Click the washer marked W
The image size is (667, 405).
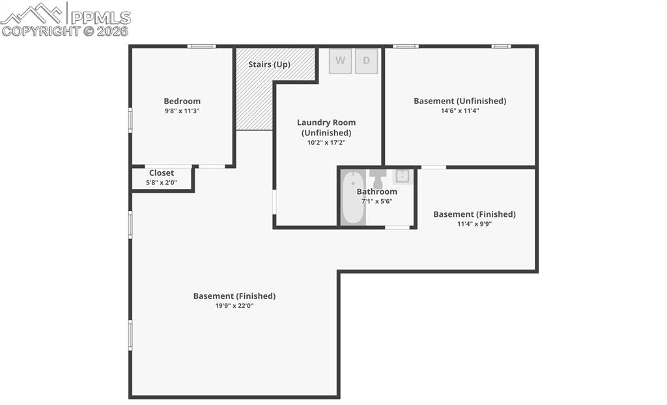pyautogui.click(x=340, y=61)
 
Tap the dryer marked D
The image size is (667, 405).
pyautogui.click(x=366, y=61)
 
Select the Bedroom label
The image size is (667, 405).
pyautogui.click(x=182, y=101)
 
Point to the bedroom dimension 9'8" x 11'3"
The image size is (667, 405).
pyautogui.click(x=182, y=111)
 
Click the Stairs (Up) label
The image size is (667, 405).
pyautogui.click(x=269, y=64)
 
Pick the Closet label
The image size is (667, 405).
pyautogui.click(x=162, y=173)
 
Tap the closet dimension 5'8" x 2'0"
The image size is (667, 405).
pyautogui.click(x=162, y=182)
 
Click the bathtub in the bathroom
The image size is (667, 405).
pyautogui.click(x=353, y=197)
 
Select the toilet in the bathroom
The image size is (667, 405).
pyautogui.click(x=378, y=178)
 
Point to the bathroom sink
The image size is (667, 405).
pyautogui.click(x=403, y=175)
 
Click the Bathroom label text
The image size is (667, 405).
pyautogui.click(x=376, y=191)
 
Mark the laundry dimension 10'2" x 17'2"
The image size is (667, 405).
pyautogui.click(x=326, y=143)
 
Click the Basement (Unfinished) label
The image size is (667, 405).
pyautogui.click(x=460, y=101)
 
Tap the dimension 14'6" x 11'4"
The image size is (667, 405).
pyautogui.click(x=460, y=111)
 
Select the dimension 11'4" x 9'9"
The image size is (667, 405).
pyautogui.click(x=474, y=224)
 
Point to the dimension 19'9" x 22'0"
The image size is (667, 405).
pyautogui.click(x=234, y=305)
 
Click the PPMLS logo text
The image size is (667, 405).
pyautogui.click(x=100, y=18)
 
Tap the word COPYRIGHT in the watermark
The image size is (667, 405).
pyautogui.click(x=40, y=31)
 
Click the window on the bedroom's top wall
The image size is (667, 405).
pyautogui.click(x=201, y=46)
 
